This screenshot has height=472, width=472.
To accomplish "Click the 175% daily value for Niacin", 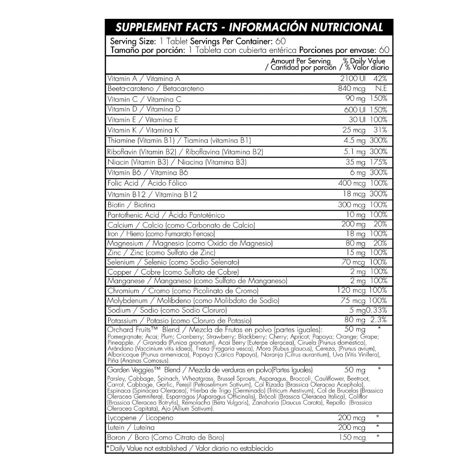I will tap(378, 162).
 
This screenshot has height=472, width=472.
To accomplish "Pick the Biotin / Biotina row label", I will tap(131, 205).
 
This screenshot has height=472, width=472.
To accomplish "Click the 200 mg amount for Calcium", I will tap(353, 224).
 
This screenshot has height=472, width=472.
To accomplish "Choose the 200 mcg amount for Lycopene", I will tap(352, 418).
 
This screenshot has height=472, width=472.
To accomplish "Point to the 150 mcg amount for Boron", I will tap(352, 437).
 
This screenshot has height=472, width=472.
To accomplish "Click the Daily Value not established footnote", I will tap(190, 448).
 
